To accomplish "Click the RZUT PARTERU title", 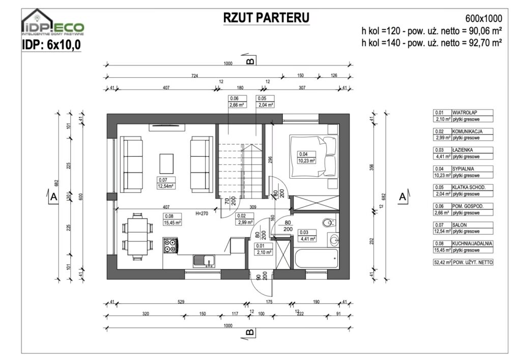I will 267,18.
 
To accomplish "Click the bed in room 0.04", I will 312,155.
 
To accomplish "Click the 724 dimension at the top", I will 194,75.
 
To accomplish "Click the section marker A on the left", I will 53,197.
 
